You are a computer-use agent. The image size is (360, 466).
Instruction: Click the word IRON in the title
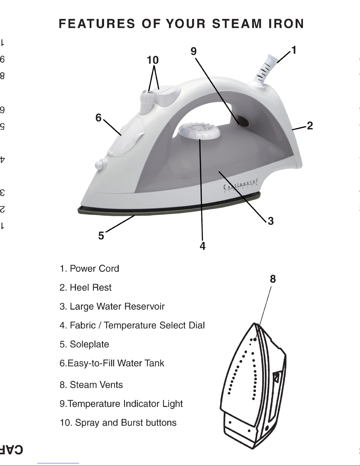click(x=286, y=24)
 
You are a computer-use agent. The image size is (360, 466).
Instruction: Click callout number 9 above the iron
click(x=193, y=51)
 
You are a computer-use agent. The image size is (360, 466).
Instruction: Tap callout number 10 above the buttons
click(x=153, y=60)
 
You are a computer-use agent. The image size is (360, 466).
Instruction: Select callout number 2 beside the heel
click(x=310, y=126)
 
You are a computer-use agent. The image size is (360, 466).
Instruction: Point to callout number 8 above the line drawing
click(x=273, y=279)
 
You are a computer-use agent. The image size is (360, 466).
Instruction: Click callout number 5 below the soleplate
click(x=101, y=236)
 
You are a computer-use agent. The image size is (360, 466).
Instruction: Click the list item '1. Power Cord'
click(x=89, y=268)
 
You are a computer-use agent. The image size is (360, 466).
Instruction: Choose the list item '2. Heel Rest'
click(x=86, y=287)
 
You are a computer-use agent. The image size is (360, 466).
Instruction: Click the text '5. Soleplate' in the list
click(x=84, y=344)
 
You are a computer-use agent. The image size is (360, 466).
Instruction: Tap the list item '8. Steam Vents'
click(x=91, y=385)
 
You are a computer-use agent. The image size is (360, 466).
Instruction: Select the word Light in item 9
click(x=173, y=404)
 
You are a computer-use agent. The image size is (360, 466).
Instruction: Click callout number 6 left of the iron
click(x=98, y=118)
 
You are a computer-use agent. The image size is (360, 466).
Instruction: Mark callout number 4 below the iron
click(x=202, y=246)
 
